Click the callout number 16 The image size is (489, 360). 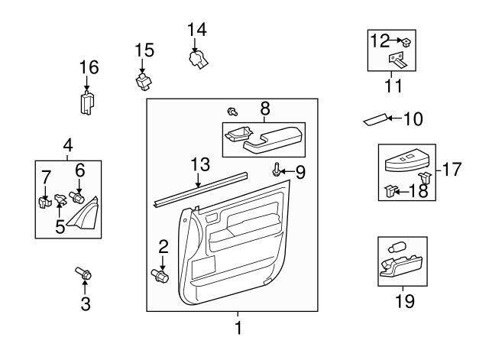pos(89,67)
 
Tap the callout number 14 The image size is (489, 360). pos(197,29)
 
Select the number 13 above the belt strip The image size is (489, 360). pos(199,164)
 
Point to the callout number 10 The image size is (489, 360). pos(412,119)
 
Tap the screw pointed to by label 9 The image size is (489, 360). pos(275,171)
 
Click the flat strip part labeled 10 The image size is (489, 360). pos(376,120)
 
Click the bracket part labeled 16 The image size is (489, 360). pos(87,102)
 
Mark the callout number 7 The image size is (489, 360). pos(45,177)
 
